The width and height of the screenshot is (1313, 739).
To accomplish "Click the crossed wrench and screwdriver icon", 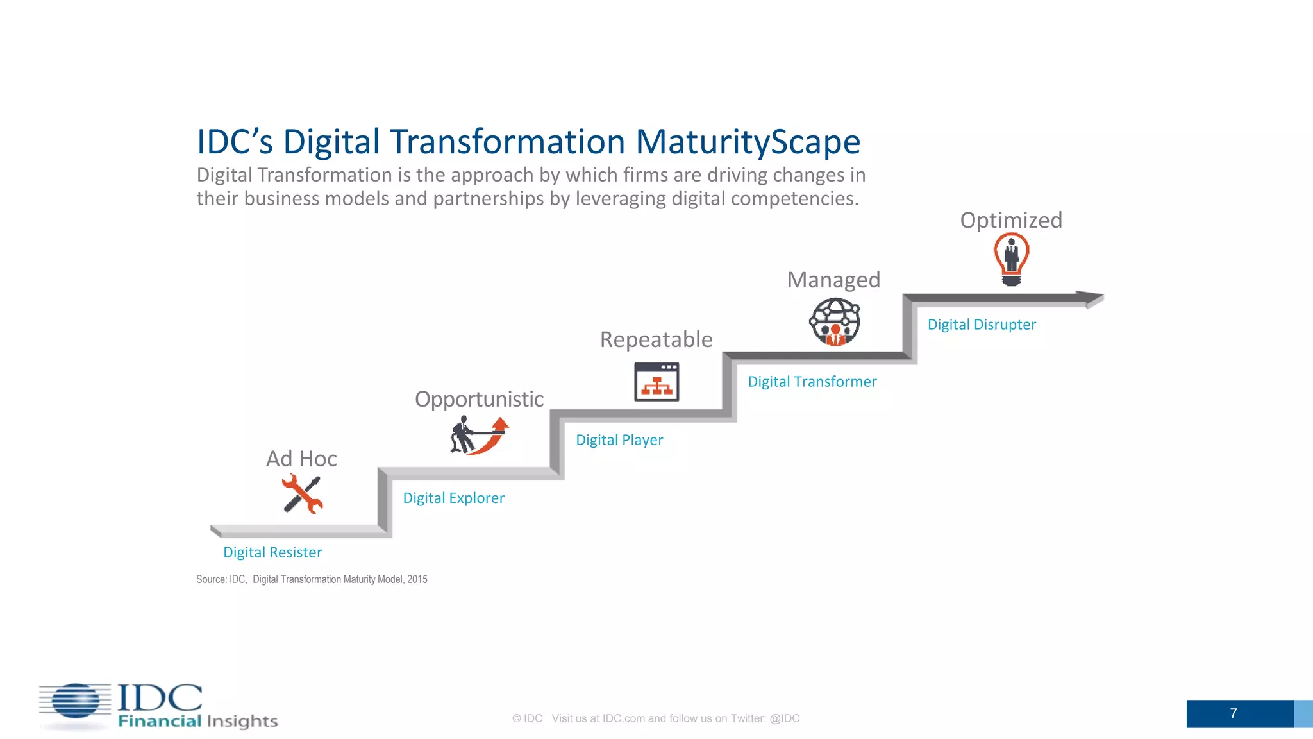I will tap(302, 494).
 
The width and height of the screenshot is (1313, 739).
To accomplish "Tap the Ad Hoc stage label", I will tap(301, 459).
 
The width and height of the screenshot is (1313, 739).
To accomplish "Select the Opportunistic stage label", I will tap(479, 399).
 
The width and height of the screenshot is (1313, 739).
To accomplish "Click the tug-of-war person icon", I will tap(478, 436).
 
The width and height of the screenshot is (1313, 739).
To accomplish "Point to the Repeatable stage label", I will tap(656, 339).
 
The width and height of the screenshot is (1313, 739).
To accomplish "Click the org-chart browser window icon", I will tap(656, 382).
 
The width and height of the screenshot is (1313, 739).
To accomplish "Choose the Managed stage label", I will tap(833, 280).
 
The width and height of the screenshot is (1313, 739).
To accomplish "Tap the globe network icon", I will tap(834, 323).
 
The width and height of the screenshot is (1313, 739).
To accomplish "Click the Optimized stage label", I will tap(1011, 220).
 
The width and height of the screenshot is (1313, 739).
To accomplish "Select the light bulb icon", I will tap(1011, 259).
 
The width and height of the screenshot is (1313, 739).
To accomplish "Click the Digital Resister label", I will tap(272, 552).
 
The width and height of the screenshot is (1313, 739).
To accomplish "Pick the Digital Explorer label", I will tap(453, 498).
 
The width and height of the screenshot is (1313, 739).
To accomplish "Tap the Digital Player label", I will tap(619, 440).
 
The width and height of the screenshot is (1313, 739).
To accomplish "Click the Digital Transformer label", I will tap(812, 382).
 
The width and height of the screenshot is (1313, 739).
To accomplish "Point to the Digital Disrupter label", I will tap(982, 325).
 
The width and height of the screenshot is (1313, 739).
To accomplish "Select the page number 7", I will tap(1234, 713).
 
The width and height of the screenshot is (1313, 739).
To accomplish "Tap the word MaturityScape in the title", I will tap(748, 142).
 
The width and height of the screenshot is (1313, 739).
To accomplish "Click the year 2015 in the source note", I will tap(417, 579).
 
